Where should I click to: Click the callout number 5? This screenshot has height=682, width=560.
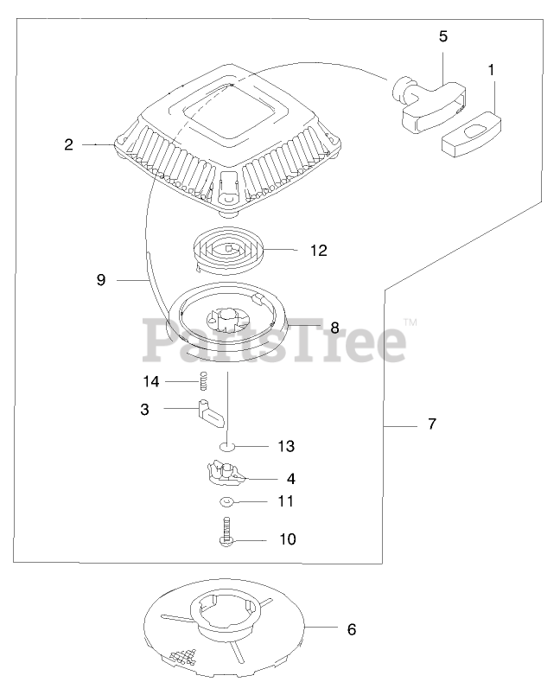(x=443, y=36)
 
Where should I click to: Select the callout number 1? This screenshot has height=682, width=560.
(x=492, y=70)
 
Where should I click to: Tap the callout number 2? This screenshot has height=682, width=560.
(x=68, y=145)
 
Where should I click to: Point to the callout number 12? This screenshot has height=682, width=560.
(x=318, y=251)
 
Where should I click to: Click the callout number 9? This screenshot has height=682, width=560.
(x=101, y=280)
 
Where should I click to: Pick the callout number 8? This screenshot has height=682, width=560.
(x=334, y=328)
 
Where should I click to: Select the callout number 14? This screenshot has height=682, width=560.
(x=151, y=381)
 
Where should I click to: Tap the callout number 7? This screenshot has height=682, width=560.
(x=432, y=424)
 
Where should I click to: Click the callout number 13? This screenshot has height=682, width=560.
(x=286, y=447)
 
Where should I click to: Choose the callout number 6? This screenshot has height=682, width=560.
(x=351, y=629)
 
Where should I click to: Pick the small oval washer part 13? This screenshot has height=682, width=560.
(x=226, y=447)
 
